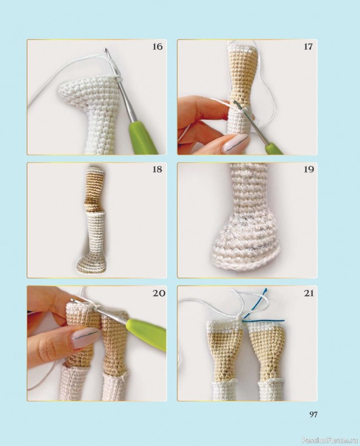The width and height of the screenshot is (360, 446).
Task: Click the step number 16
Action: pos(157,46)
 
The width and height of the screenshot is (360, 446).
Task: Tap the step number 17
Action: pos(308,46)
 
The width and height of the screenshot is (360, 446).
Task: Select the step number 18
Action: pos(157,169)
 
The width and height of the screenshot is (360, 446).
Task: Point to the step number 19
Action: pos(308,169)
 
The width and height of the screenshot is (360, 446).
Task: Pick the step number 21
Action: pos(308,293)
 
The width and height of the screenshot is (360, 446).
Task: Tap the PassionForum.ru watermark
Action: pos(330,440)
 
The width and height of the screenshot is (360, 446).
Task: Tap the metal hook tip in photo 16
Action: pos(106,50)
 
